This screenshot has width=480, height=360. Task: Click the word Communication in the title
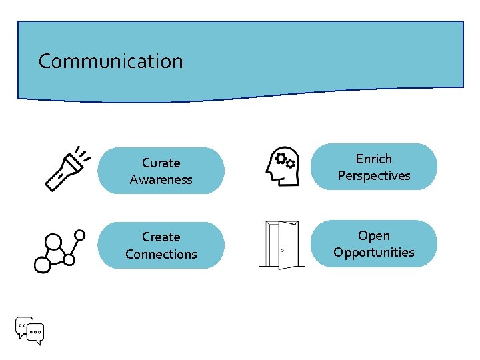click(110, 61)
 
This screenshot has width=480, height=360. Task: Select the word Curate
click(161, 163)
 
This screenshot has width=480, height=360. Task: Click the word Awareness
click(161, 179)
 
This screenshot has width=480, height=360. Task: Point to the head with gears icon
click(281, 167)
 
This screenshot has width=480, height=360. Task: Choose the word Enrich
click(374, 159)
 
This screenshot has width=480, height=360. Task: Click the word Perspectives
click(374, 175)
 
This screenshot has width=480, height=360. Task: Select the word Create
click(161, 237)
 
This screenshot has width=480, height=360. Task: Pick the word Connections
click(161, 254)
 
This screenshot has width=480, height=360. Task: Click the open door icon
click(281, 245)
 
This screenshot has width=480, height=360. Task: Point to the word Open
click(374, 235)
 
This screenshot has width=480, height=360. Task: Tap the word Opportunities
click(374, 252)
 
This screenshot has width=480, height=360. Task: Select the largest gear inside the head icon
click(281, 159)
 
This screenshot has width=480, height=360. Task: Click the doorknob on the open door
click(282, 251)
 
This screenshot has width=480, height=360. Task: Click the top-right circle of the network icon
click(80, 235)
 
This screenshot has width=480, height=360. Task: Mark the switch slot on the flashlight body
click(60, 175)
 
